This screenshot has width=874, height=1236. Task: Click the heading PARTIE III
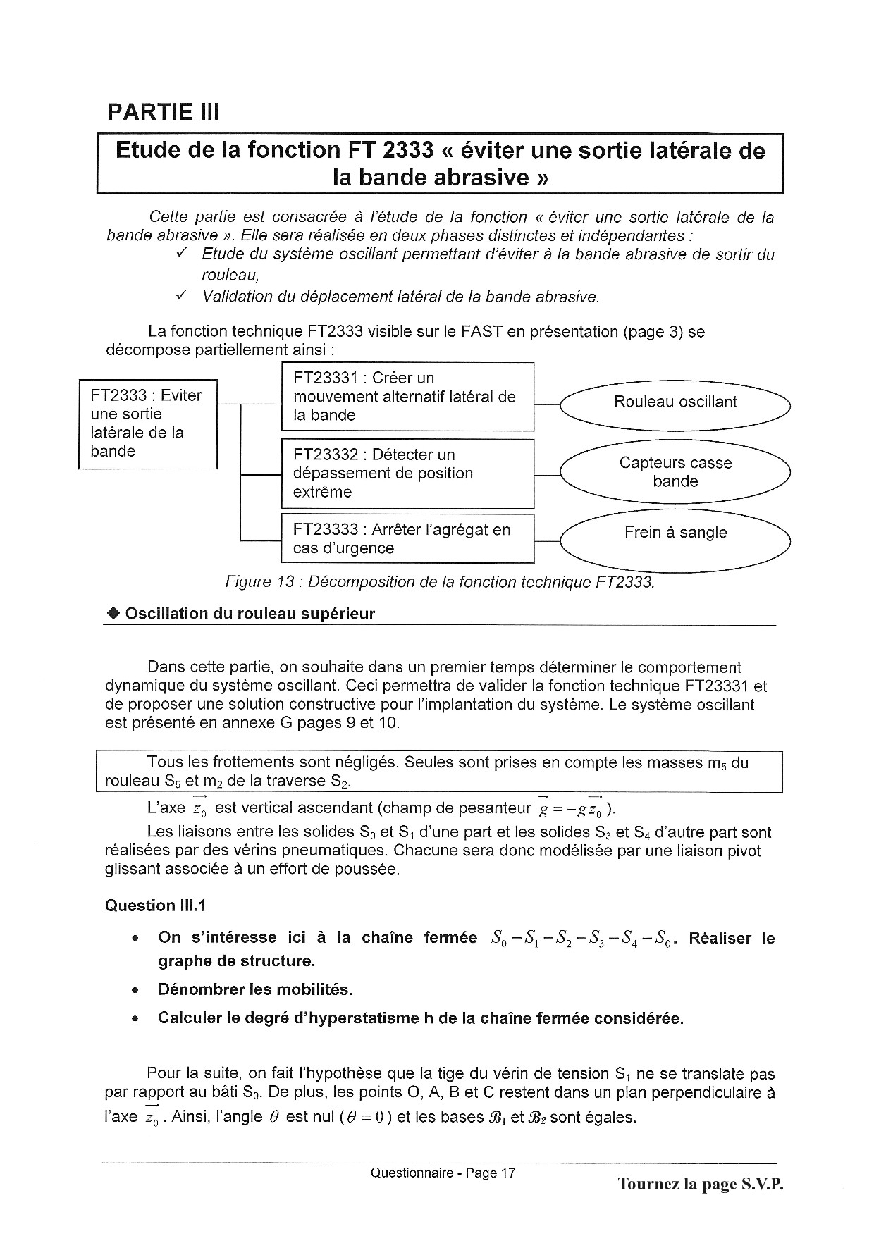coord(163,112)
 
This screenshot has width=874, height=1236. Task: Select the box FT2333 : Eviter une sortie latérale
coord(147,424)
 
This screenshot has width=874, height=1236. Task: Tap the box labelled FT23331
coord(407,397)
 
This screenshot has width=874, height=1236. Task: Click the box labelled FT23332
coord(407,474)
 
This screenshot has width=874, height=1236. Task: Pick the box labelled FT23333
coord(407,539)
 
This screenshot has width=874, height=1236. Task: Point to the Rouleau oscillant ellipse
coord(675,402)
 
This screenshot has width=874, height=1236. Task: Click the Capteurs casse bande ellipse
coord(675,472)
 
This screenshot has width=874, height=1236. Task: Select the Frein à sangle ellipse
coord(675,533)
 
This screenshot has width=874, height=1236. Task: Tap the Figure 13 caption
coord(440,582)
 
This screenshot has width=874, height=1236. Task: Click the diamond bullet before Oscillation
coord(113,614)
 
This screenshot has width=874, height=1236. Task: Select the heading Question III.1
coord(156,906)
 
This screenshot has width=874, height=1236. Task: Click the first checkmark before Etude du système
coord(182,253)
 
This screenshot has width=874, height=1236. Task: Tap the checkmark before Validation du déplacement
coord(182,296)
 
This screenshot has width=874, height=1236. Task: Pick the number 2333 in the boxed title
coord(399,150)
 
